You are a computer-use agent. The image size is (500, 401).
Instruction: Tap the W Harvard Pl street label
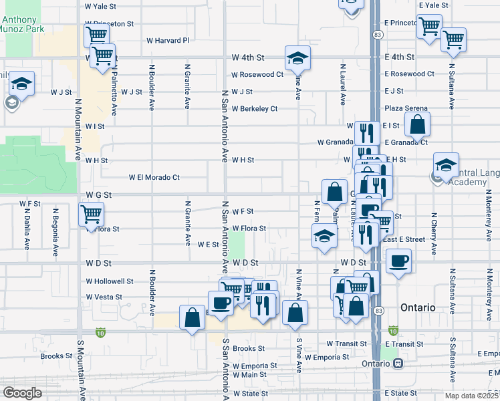(x=168, y=40)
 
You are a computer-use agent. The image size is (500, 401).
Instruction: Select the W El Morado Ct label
(x=154, y=178)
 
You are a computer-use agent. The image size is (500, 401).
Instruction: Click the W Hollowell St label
(x=110, y=281)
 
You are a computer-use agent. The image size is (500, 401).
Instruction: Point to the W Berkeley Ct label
(x=255, y=108)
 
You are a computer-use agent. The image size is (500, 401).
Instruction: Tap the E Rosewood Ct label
(x=410, y=74)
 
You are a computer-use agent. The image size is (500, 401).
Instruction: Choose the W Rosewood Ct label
(x=257, y=74)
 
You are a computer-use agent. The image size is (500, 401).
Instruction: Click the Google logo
(x=21, y=393)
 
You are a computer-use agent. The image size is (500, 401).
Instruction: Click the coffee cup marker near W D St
(x=398, y=261)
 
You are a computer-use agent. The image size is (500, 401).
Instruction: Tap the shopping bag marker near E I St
(x=417, y=124)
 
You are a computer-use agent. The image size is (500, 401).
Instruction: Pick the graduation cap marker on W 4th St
(x=297, y=58)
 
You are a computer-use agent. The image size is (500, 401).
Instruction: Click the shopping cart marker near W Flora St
(x=91, y=215)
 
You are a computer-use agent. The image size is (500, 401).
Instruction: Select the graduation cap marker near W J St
(x=22, y=84)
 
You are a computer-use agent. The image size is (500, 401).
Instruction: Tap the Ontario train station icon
(x=398, y=363)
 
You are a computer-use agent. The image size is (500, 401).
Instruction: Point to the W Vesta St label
(x=104, y=297)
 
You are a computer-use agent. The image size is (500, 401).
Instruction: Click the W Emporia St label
(x=255, y=366)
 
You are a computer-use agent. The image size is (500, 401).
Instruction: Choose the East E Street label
(x=403, y=239)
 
